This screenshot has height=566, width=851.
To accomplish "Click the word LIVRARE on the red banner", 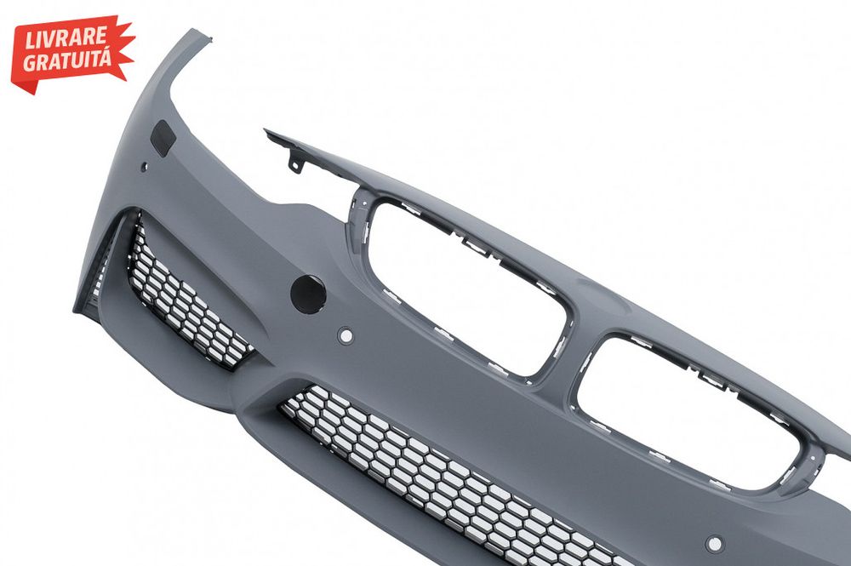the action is [x=66, y=38].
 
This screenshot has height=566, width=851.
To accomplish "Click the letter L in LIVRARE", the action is [x=29, y=43].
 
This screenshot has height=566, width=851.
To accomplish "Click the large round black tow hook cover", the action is [x=308, y=293].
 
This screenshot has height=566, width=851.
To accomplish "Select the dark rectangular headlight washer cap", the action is [x=163, y=139].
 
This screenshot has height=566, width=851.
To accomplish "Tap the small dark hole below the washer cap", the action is [x=144, y=168].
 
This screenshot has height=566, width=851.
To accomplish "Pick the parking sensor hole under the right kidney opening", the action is [x=715, y=543].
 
